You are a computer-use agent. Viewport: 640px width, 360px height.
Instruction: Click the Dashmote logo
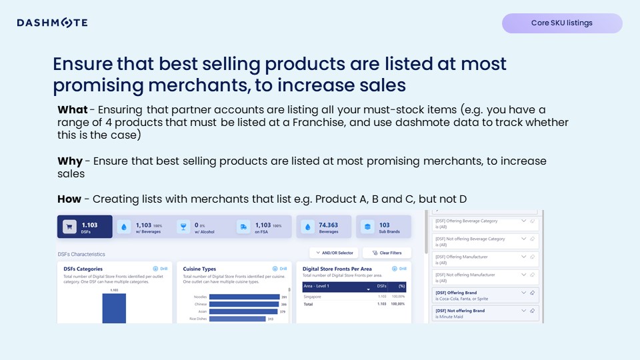tap(52, 23)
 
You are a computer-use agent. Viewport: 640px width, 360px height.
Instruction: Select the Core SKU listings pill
tap(561, 23)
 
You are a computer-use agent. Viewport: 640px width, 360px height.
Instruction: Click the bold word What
tap(72, 109)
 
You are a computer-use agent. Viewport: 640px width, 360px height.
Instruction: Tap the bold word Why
tap(70, 161)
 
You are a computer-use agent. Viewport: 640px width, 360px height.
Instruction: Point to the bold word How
tap(69, 199)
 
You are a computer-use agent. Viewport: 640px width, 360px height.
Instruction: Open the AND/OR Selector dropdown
tap(334, 253)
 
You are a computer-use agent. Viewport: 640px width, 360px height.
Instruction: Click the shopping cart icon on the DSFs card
tap(69, 227)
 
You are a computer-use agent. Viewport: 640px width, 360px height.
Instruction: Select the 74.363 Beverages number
tap(328, 225)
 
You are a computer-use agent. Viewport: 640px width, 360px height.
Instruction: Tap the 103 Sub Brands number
tap(384, 225)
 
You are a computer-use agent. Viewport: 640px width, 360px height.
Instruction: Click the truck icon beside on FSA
tap(243, 227)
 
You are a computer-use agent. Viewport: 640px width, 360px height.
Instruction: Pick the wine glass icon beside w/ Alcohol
tap(182, 227)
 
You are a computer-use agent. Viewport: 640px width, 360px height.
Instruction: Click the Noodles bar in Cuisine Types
tap(244, 297)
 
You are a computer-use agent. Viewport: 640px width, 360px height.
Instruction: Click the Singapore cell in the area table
tap(313, 296)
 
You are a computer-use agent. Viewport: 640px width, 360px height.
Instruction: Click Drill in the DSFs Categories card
tap(160, 269)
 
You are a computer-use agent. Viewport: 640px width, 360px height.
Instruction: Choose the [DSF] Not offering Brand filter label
tap(460, 311)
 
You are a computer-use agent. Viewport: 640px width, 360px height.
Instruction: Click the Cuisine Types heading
tap(199, 269)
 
